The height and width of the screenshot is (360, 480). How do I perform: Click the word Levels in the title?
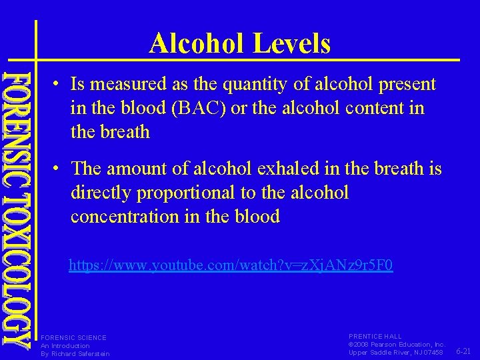[x=291, y=44]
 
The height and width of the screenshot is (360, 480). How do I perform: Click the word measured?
[x=122, y=85]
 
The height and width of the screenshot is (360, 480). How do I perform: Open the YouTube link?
[x=231, y=265]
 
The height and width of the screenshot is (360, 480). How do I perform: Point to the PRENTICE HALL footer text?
[x=375, y=336]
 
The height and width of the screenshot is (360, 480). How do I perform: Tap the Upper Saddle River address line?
[x=395, y=352]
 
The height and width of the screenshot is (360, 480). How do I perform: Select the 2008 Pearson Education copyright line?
[x=396, y=344]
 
